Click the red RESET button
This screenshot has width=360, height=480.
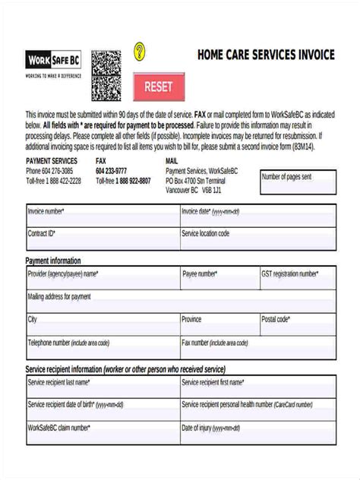[159, 87]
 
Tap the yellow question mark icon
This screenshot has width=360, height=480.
[139, 52]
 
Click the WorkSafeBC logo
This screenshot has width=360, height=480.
[54, 59]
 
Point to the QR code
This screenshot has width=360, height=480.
[106, 76]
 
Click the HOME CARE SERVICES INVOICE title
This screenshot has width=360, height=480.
[266, 55]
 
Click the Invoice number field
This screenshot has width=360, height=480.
[102, 216]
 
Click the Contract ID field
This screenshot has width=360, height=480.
[102, 238]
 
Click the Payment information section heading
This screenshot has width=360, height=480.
[53, 261]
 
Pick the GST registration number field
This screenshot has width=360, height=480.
[297, 279]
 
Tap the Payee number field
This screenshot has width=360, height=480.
[219, 279]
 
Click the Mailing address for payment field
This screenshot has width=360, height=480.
[181, 302]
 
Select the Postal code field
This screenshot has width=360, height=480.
[297, 324]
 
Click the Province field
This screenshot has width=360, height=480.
[219, 324]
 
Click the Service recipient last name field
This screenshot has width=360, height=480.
[102, 387]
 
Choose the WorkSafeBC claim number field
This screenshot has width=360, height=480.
[102, 432]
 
